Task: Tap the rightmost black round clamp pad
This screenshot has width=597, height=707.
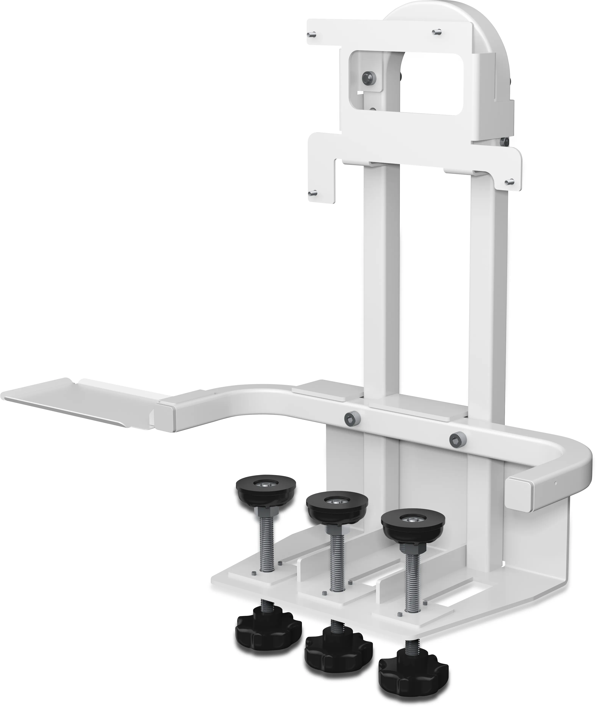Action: (413, 530)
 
